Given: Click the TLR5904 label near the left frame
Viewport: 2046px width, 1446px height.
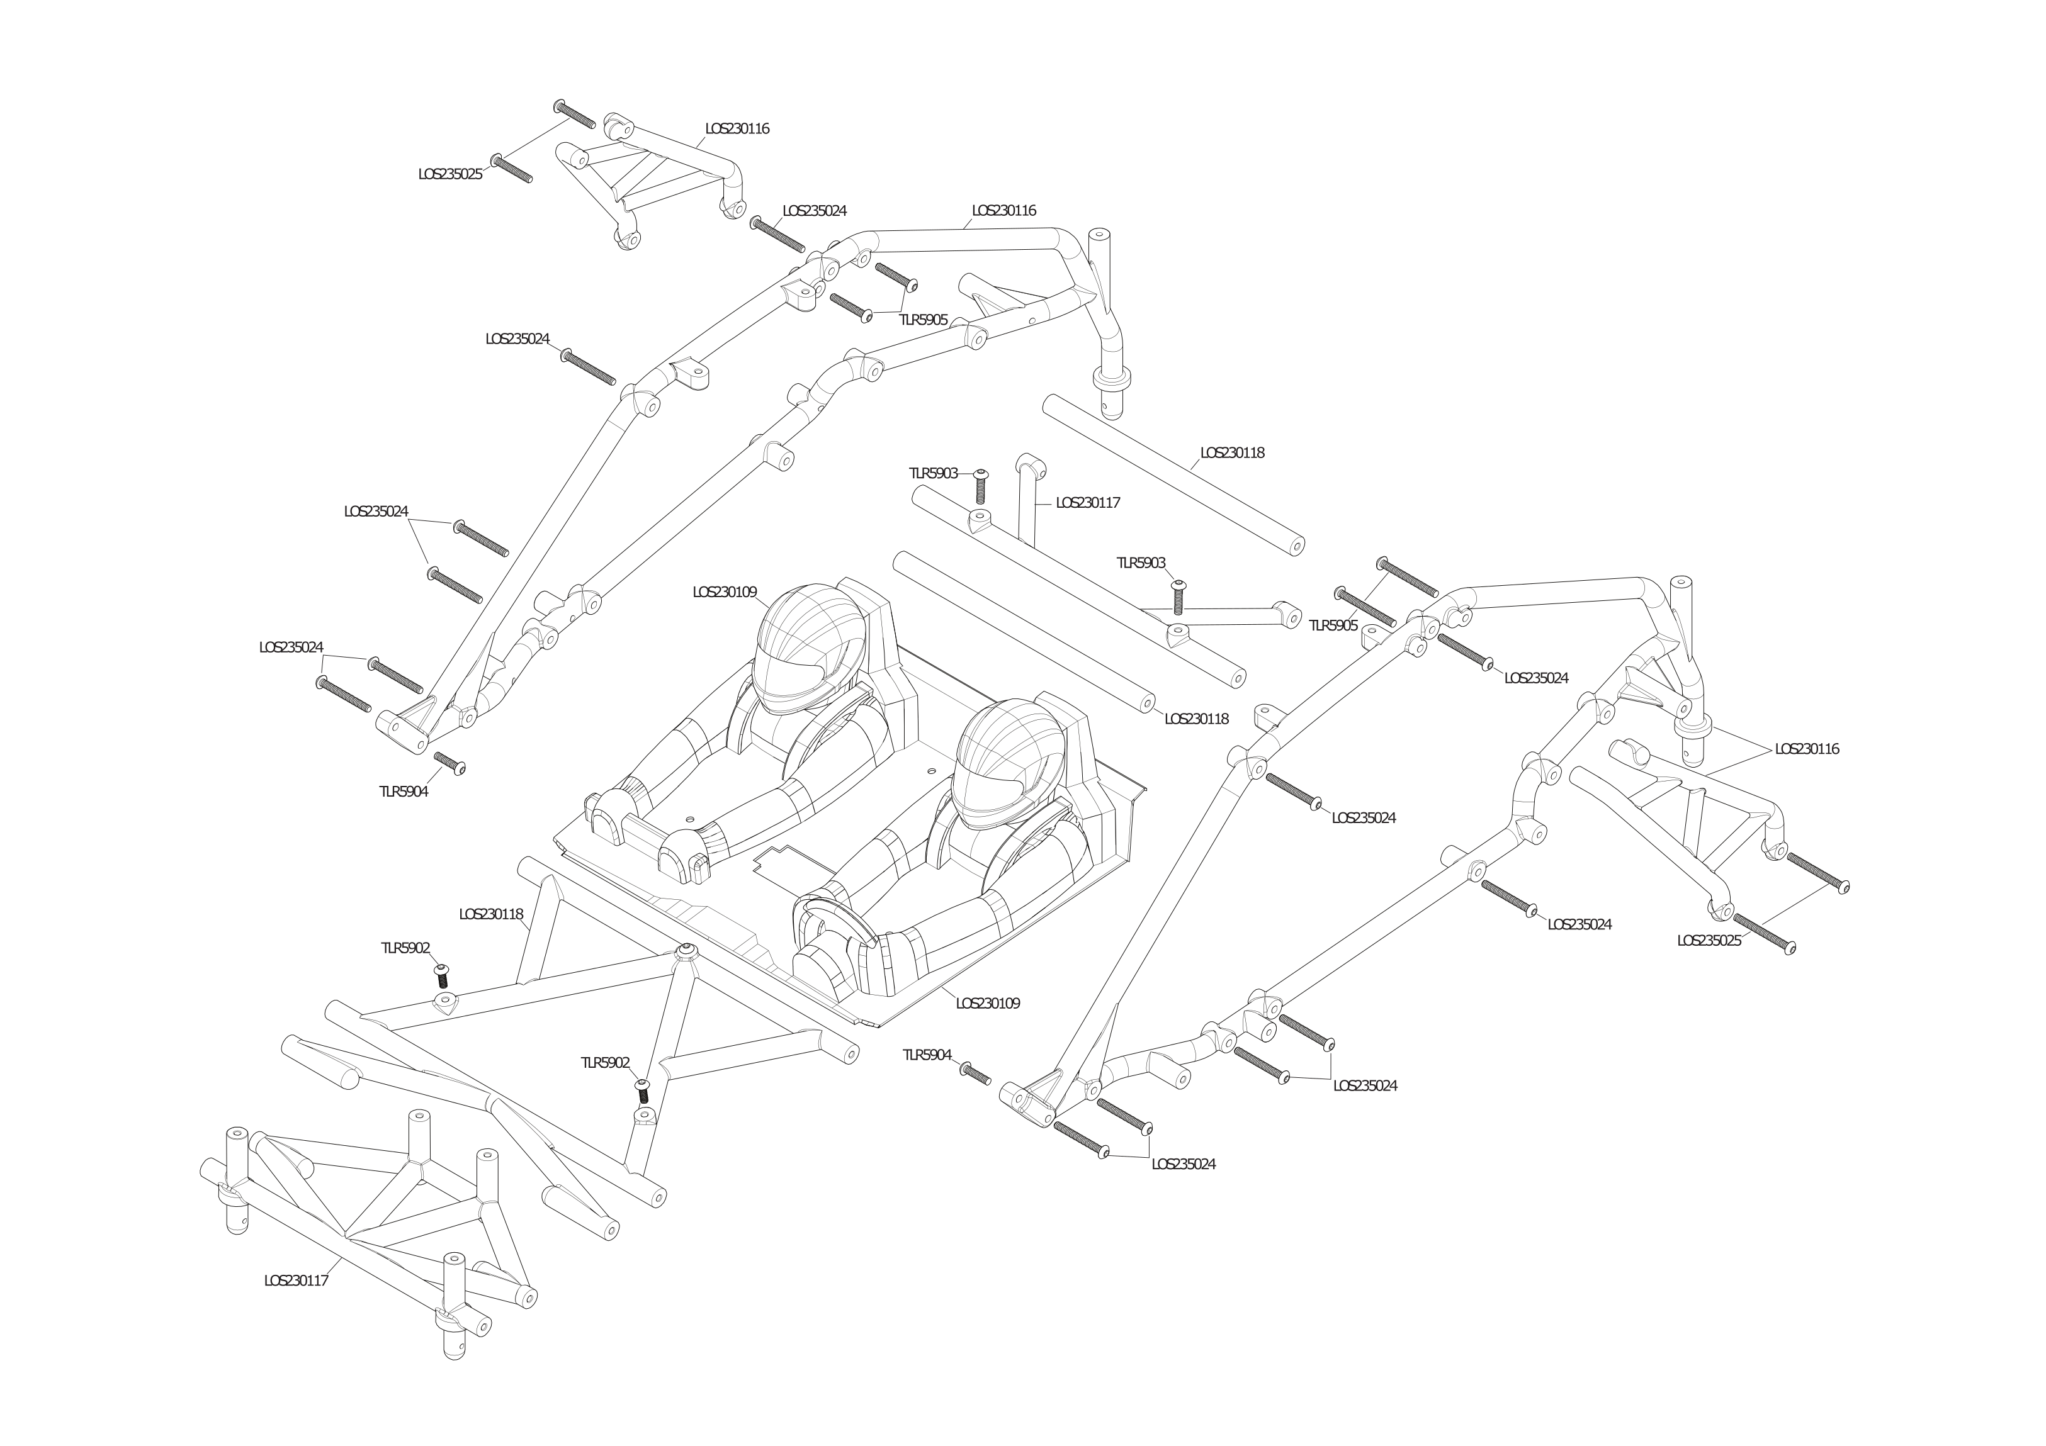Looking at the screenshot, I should pyautogui.click(x=403, y=791).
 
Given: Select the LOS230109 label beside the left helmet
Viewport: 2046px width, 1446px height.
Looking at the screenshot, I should pyautogui.click(x=725, y=591).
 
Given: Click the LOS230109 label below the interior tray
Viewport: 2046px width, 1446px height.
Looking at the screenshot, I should pyautogui.click(x=987, y=1002).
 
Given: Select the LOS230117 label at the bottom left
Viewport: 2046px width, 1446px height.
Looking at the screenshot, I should pyautogui.click(x=296, y=1281).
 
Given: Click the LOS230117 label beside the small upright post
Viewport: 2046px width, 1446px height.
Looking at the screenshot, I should pyautogui.click(x=1087, y=503).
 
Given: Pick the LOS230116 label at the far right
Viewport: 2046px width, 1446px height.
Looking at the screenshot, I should pyautogui.click(x=1806, y=749).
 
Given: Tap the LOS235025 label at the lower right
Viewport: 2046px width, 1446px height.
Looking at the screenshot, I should pyautogui.click(x=1709, y=940).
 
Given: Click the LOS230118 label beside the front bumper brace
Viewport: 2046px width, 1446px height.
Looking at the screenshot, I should pyautogui.click(x=491, y=914).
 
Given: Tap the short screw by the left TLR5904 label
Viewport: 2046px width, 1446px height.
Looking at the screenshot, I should pyautogui.click(x=450, y=763).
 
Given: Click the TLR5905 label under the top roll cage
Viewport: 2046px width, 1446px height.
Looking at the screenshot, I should pyautogui.click(x=922, y=320).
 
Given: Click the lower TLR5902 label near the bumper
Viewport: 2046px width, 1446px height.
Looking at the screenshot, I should pyautogui.click(x=605, y=1062).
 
